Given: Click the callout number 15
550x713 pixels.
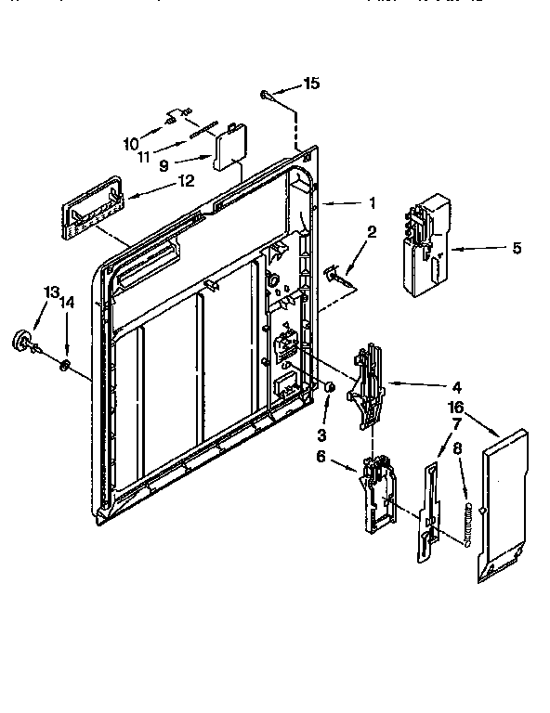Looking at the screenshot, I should pyautogui.click(x=311, y=84).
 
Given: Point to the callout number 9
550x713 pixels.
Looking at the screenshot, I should pyautogui.click(x=164, y=165).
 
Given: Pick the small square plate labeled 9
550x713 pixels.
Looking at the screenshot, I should pyautogui.click(x=228, y=149).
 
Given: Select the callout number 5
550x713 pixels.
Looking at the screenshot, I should pyautogui.click(x=517, y=248).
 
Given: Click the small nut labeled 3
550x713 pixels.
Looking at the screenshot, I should pyautogui.click(x=329, y=386).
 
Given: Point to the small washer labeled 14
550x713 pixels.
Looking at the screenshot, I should pyautogui.click(x=63, y=363).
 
